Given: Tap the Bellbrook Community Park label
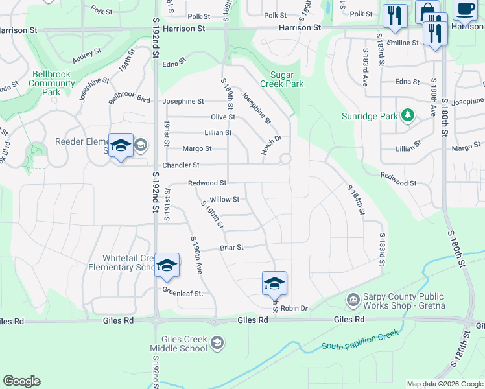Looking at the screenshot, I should pyautogui.click(x=51, y=83).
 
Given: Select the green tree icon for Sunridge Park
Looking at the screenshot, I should pyautogui.click(x=407, y=116).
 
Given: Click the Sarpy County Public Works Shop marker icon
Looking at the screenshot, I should pyautogui.click(x=353, y=300).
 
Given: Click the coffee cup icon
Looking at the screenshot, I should pyautogui.click(x=465, y=9).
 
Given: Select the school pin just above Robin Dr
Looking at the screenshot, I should pyautogui.click(x=274, y=283).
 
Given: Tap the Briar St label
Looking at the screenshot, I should pyautogui.click(x=231, y=247).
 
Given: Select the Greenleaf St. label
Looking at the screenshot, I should pyautogui.click(x=183, y=292).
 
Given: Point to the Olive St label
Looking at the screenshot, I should pyautogui.click(x=222, y=117).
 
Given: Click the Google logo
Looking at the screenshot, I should pyautogui.click(x=21, y=381).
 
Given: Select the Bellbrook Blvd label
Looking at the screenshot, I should pyautogui.click(x=130, y=99).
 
